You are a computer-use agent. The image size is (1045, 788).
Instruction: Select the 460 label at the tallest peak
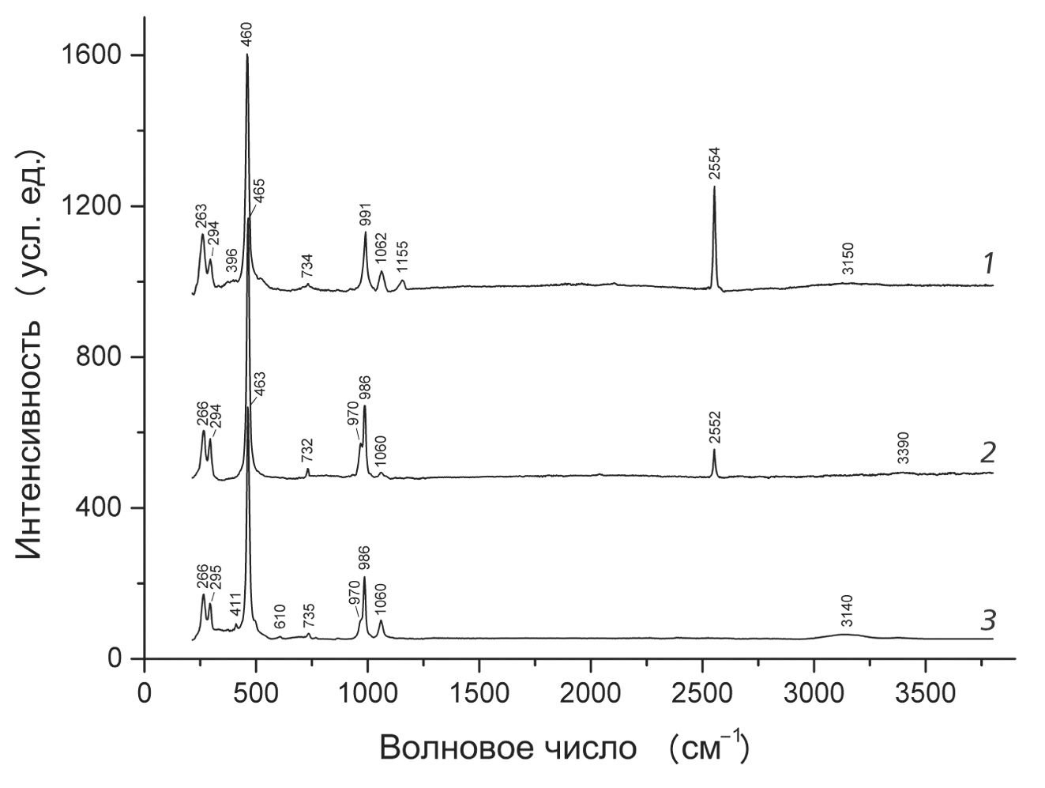tap(247, 35)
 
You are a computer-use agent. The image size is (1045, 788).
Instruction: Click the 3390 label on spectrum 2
tap(904, 448)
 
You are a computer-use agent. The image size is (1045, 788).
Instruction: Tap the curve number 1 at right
tap(987, 265)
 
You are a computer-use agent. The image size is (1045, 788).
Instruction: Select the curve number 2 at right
tap(987, 453)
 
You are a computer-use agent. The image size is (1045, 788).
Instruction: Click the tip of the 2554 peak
tap(715, 187)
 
